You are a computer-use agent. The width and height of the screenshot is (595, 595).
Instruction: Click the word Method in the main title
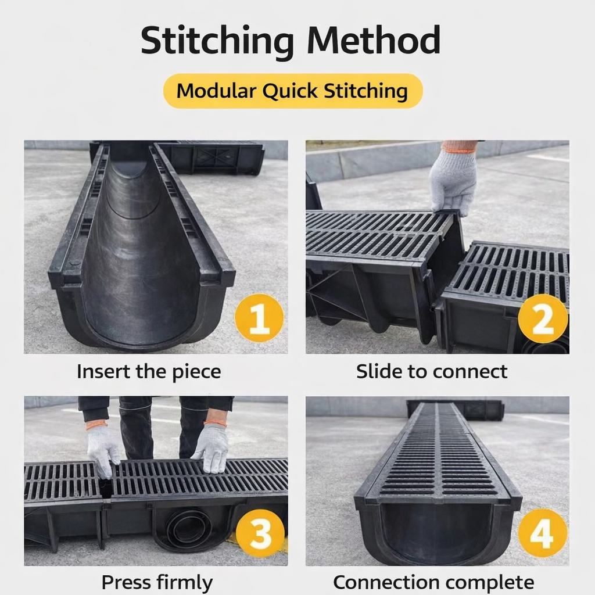tap(374, 40)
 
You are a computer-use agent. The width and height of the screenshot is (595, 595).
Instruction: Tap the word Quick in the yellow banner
tap(290, 91)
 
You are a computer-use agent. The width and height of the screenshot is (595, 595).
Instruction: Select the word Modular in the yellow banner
tap(216, 91)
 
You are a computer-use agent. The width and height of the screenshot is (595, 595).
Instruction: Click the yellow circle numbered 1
tap(259, 318)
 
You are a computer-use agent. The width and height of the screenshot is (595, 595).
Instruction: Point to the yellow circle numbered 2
tap(543, 318)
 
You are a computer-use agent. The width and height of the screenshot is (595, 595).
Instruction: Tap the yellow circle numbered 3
tap(260, 533)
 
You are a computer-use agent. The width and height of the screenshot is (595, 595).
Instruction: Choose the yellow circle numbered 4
tap(543, 533)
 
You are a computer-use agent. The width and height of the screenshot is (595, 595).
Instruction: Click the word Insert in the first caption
tap(103, 371)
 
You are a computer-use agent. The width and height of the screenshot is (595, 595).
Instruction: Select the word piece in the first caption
tap(196, 372)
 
